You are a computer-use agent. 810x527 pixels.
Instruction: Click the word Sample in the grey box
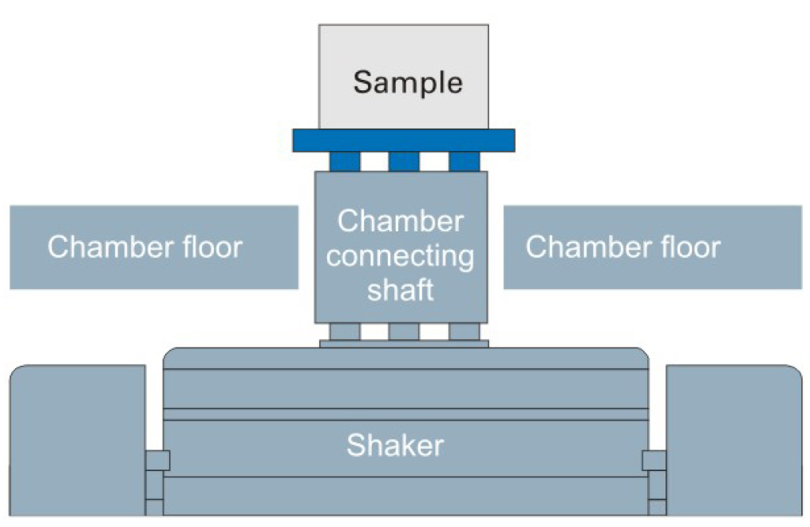pyautogui.click(x=407, y=82)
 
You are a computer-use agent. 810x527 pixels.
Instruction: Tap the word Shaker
pyautogui.click(x=395, y=445)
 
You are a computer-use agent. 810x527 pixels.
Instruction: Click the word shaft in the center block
pyautogui.click(x=400, y=290)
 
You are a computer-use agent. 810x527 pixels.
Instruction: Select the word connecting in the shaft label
pyautogui.click(x=400, y=256)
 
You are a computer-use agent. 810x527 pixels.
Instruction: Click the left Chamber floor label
pyautogui.click(x=144, y=247)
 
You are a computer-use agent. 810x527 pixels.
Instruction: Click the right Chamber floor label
pyautogui.click(x=622, y=247)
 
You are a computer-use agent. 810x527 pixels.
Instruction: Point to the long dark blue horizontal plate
pyautogui.click(x=403, y=141)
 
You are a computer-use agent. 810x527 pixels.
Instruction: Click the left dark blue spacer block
pyautogui.click(x=345, y=161)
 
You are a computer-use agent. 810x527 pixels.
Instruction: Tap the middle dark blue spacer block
pyautogui.click(x=404, y=161)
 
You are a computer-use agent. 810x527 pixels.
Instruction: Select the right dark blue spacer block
pyautogui.click(x=464, y=161)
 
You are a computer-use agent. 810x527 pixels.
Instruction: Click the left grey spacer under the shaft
pyautogui.click(x=345, y=331)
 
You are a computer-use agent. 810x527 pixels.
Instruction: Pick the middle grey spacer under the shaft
pyautogui.click(x=404, y=331)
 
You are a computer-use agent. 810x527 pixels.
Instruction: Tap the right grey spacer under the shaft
pyautogui.click(x=464, y=331)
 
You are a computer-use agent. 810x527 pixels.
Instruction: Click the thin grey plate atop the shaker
pyautogui.click(x=404, y=343)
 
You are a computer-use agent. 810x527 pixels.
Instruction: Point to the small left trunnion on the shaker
pyautogui.click(x=157, y=460)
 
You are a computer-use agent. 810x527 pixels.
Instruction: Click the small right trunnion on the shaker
pyautogui.click(x=654, y=460)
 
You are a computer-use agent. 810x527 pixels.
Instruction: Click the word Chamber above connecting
pyautogui.click(x=400, y=221)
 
